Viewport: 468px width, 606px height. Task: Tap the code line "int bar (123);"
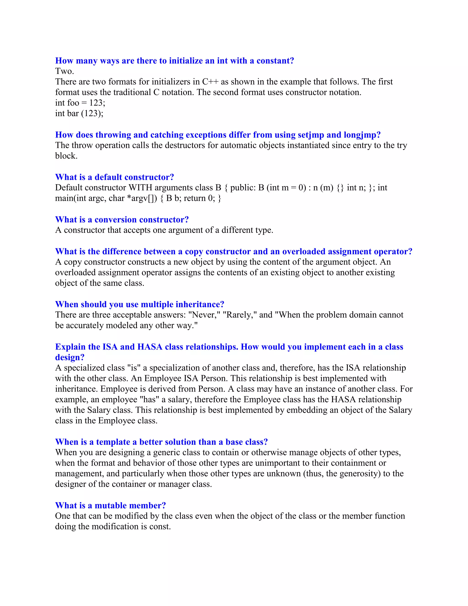79,113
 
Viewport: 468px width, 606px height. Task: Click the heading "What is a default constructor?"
114,177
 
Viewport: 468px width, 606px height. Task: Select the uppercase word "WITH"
140,188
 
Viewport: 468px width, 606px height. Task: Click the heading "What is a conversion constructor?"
122,220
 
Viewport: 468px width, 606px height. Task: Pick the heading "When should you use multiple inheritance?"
140,304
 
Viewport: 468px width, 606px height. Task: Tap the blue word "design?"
70,357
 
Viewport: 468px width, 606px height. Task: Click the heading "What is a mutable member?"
110,506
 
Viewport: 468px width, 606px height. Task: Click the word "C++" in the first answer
210,82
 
